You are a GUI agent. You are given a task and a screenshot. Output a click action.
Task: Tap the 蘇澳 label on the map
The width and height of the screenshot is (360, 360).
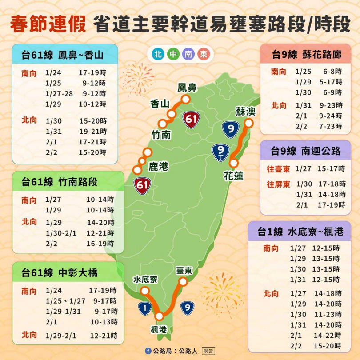coord(245,111)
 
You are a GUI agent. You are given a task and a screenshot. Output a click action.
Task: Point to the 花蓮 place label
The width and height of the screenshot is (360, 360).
coord(233,176)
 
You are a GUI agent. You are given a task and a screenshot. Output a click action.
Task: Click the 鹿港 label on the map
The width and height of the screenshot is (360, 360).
coord(158,167)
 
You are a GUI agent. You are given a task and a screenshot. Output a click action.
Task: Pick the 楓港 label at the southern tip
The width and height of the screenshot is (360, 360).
coord(159,329)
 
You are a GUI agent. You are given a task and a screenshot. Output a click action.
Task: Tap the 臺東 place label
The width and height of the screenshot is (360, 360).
coord(184,270)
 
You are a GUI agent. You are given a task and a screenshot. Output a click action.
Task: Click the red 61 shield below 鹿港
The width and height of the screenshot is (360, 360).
coord(143,185)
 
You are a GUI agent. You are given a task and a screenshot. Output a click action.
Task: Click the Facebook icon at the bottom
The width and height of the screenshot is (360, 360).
coord(148,351)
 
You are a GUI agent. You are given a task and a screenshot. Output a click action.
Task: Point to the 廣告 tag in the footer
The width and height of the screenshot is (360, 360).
coord(208,351)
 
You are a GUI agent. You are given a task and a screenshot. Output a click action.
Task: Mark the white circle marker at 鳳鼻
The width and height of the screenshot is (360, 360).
coord(186,99)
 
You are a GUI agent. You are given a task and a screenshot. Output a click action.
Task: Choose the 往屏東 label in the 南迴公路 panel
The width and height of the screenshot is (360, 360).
coord(278,184)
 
